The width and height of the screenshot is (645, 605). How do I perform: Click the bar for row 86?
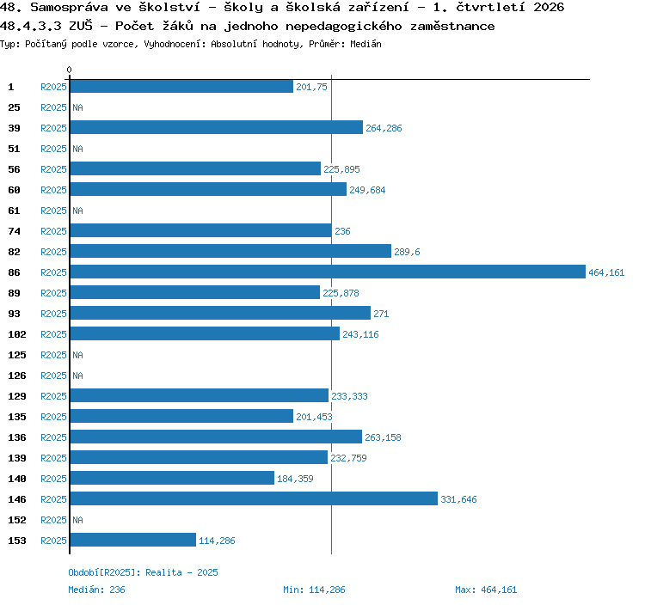coord(328,272)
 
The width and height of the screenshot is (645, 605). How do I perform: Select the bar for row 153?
coord(132,540)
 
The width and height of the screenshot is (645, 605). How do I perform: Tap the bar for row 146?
coord(254,498)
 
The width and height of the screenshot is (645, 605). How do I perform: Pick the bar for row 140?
coord(172,478)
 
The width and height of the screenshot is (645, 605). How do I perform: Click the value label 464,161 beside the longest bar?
coord(606,272)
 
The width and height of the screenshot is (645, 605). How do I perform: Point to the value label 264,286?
coord(384,128)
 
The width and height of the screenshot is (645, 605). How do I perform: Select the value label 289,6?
coord(407,252)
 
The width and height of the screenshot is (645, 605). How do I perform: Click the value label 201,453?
coord(314,417)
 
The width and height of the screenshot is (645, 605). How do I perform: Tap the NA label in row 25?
coord(77,107)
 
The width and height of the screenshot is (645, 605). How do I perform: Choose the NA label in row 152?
coord(77,520)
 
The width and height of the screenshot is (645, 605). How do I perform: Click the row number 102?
coord(17,334)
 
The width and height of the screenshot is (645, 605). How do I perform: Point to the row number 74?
coord(14,231)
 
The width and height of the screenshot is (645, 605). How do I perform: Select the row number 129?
coord(17,396)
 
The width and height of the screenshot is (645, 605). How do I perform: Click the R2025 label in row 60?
coord(53,190)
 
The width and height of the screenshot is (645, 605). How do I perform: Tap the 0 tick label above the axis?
coord(69,70)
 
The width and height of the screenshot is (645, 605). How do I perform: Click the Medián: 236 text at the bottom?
coord(96,590)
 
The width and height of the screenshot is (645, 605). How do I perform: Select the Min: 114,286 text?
coord(314,590)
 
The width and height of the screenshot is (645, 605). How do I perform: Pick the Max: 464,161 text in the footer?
coord(486,590)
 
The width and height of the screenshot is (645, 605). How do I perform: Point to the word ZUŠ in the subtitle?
coord(81,26)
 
